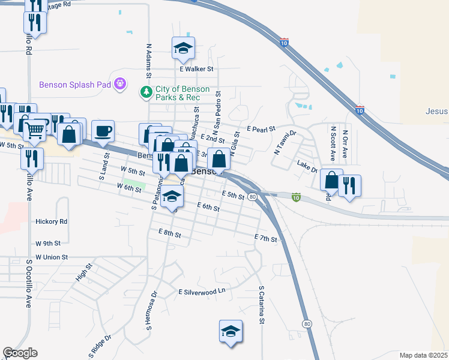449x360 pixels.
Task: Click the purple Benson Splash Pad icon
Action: (x=121, y=84)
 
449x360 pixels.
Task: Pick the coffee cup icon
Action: (x=103, y=131)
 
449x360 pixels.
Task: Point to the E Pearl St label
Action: (x=261, y=129)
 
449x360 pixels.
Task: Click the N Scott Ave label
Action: (x=333, y=143)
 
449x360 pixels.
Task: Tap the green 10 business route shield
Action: (x=296, y=197)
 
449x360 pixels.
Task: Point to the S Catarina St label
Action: (x=262, y=305)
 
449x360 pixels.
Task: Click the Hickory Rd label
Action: (x=52, y=221)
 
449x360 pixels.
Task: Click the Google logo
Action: (x=20, y=353)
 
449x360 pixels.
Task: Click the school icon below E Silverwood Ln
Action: (x=231, y=332)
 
